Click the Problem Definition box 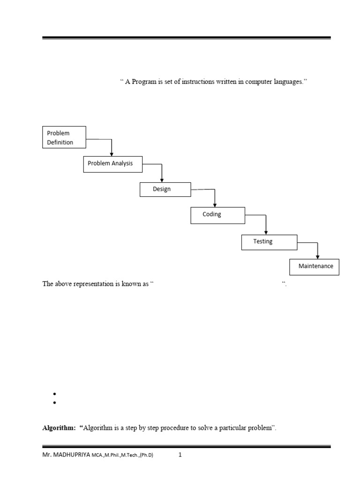[64, 137]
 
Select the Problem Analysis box [112, 164]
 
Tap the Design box [165, 189]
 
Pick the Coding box [217, 215]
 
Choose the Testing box [269, 242]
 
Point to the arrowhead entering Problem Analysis [112, 154]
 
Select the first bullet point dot [55, 394]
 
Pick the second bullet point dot [55, 403]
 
